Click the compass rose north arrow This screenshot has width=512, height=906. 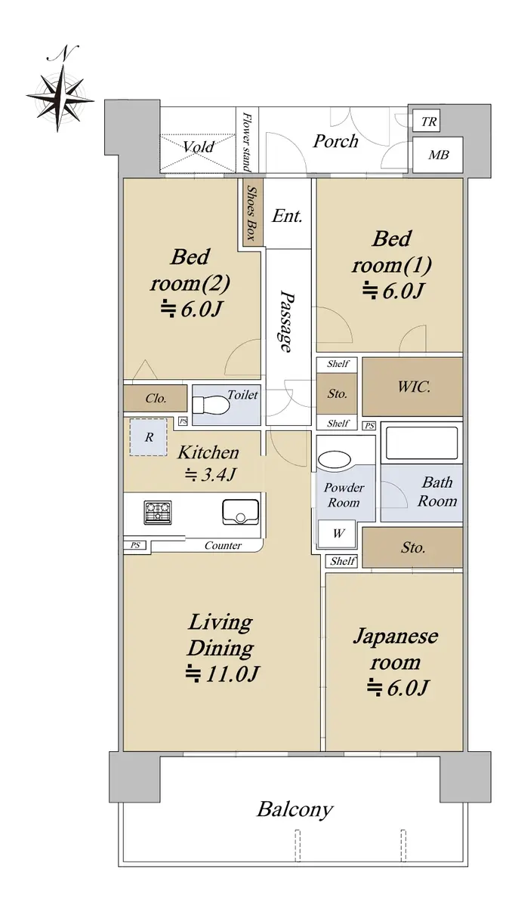tap(60, 97)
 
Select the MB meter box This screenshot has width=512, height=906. tap(437, 154)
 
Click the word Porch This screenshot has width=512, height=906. tap(336, 141)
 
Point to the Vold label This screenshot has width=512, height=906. tap(198, 146)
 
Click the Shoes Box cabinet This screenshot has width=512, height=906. tap(253, 213)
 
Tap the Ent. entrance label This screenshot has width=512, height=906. tap(287, 216)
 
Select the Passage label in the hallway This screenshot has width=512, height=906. tap(286, 321)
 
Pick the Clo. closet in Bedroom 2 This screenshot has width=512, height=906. tap(156, 399)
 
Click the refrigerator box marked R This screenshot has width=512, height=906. tap(149, 437)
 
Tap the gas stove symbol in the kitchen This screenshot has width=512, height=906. tap(158, 512)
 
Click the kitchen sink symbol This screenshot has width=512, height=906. tap(241, 512)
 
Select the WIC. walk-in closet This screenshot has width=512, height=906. tap(412, 387)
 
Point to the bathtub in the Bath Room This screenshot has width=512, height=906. tap(421, 443)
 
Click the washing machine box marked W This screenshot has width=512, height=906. tap(338, 533)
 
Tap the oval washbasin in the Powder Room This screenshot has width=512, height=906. tap(334, 460)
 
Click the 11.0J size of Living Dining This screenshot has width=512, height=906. tap(222, 673)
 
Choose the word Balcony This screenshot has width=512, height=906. tap(295, 809)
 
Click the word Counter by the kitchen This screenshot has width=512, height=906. tap(223, 545)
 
